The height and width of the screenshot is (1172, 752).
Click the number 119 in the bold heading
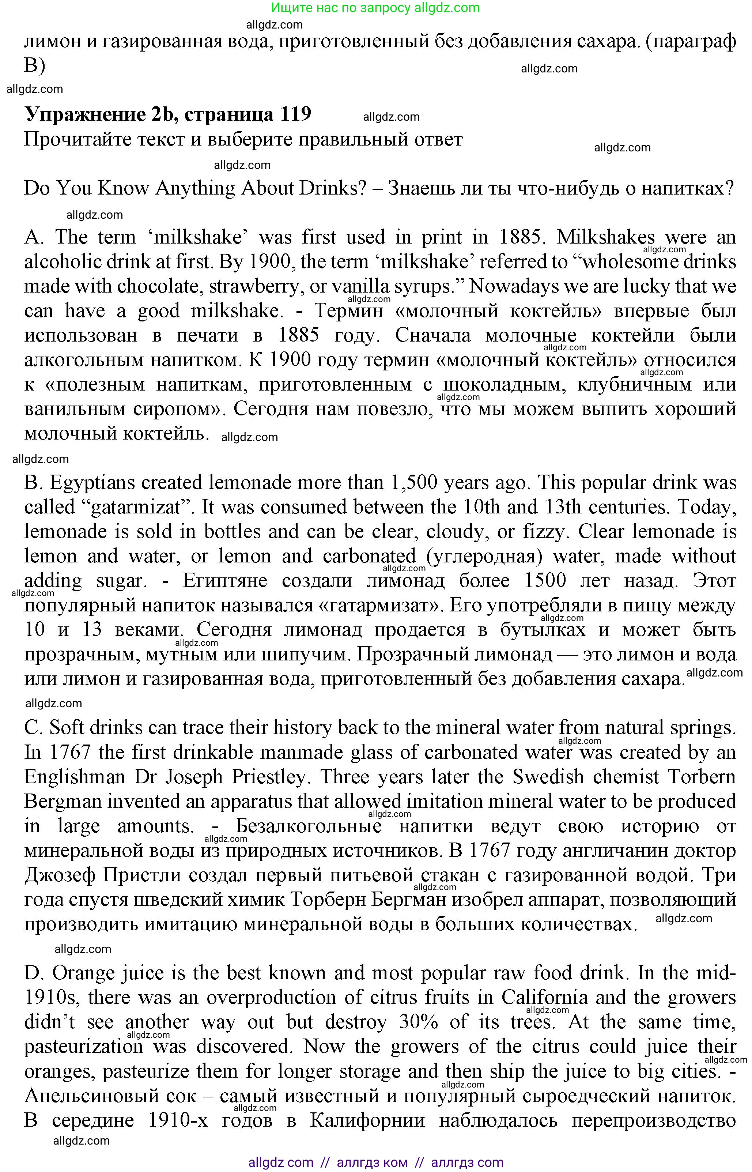295,114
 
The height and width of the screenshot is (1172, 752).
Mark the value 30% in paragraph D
419,1022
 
